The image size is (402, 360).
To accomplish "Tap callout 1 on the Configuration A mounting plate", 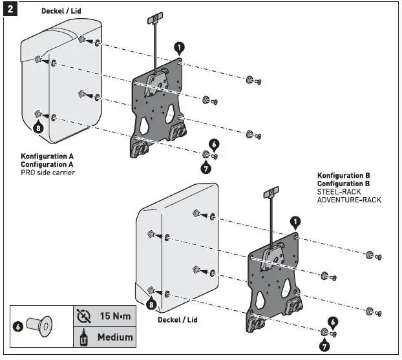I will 179,47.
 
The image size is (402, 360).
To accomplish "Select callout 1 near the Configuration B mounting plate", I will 295,222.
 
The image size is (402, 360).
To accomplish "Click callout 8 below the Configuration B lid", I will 151,304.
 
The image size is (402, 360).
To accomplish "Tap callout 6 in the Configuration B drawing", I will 332,321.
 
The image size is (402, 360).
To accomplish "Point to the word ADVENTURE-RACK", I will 349,200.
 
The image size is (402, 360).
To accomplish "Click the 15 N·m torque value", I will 116,316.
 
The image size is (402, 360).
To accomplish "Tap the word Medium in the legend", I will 115,337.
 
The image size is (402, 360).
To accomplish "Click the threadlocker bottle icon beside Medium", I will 82,337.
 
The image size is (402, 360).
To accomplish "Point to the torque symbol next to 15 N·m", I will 82,316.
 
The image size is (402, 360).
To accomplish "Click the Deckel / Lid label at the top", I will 62,12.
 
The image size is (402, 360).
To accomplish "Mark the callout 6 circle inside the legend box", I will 18,327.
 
